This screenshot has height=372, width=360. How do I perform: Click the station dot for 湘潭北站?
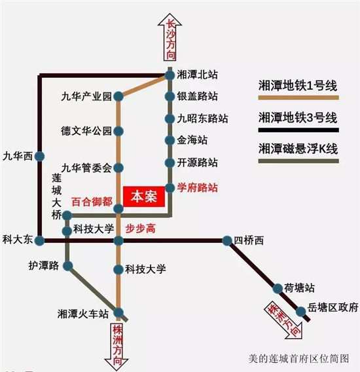coord(170,75)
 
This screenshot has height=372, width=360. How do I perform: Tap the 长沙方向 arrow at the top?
coord(170,37)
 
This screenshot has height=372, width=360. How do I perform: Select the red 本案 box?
coord(144,196)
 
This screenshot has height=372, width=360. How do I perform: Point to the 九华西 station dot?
coord(40,157)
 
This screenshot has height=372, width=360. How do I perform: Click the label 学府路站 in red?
coord(197,188)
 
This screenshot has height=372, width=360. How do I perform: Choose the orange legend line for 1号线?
coord(298,98)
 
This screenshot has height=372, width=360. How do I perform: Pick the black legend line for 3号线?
coord(298,130)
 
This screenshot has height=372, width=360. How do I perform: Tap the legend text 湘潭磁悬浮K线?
coord(298,149)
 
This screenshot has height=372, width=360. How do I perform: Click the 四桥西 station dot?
coord(227,240)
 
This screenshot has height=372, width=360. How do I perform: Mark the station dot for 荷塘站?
coord(278,288)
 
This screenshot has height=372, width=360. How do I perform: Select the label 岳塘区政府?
coord(333,307)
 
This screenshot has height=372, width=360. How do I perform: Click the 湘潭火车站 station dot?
coord(118,313)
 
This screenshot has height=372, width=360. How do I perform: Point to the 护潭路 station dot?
coord(68,266)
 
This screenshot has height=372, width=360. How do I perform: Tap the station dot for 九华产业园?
coord(118,96)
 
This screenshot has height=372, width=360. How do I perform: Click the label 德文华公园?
coord(86,131)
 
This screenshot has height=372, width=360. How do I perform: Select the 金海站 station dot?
coord(170,140)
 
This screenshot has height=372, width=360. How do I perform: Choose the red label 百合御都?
coord(92,202)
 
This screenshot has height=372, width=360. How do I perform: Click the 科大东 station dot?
coord(40,240)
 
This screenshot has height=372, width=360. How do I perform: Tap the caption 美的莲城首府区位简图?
coord(299,358)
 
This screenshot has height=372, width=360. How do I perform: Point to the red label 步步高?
coord(141,229)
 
